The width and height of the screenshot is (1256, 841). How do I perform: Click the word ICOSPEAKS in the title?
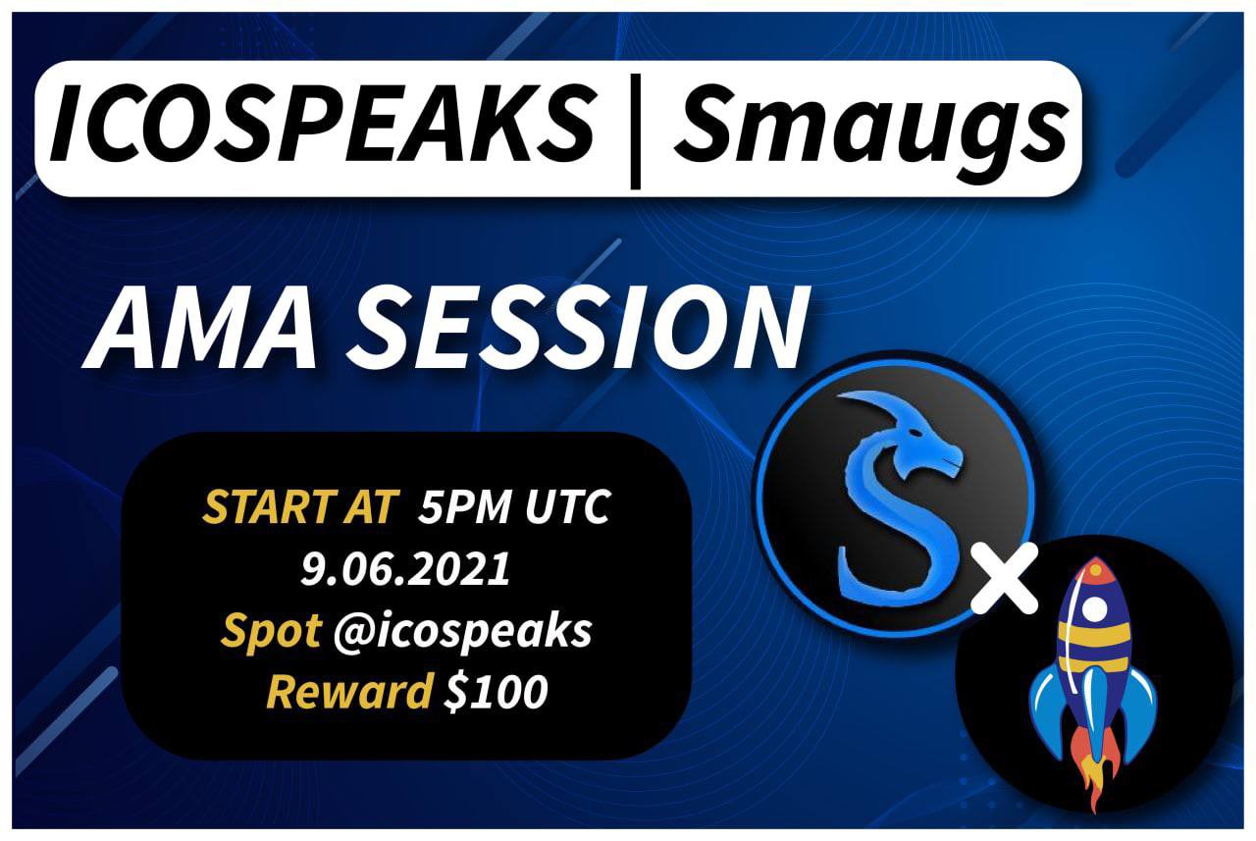(x=319, y=129)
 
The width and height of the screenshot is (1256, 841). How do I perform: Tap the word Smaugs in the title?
(x=869, y=129)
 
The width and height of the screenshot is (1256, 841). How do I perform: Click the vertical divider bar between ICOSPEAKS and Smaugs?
(x=635, y=131)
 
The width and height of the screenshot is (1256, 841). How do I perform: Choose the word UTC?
(x=567, y=508)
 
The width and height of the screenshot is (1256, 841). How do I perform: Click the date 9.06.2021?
(x=406, y=570)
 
